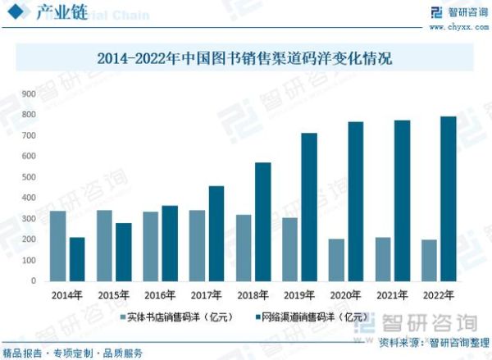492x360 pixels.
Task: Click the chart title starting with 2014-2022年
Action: pyautogui.click(x=245, y=58)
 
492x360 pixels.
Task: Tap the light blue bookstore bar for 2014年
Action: pyautogui.click(x=57, y=246)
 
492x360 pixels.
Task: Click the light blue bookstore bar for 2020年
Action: pyautogui.click(x=336, y=260)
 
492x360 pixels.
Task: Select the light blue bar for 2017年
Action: pyautogui.click(x=197, y=245)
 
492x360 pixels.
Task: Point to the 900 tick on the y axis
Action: pyautogui.click(x=28, y=93)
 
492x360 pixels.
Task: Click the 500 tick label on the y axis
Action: pyautogui.click(x=28, y=177)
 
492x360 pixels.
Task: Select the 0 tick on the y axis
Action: pyautogui.click(x=34, y=281)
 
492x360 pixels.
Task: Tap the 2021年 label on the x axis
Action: pyautogui.click(x=393, y=294)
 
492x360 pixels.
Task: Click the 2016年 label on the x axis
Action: pyautogui.click(x=160, y=294)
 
